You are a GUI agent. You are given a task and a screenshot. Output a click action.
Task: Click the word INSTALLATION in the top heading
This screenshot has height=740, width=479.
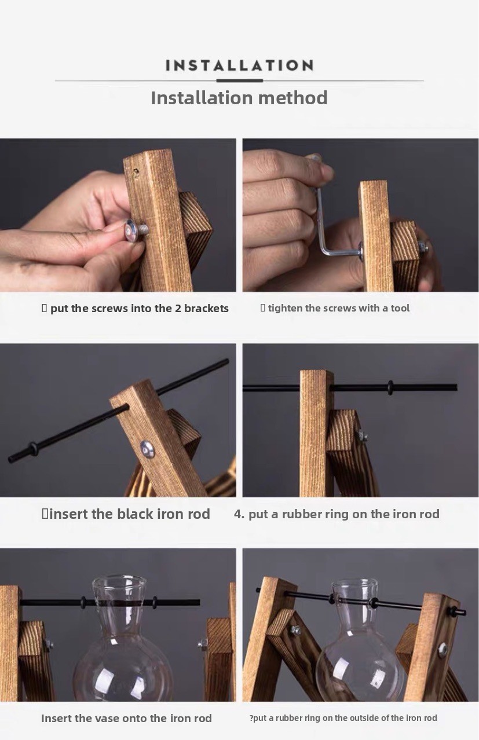[239, 65]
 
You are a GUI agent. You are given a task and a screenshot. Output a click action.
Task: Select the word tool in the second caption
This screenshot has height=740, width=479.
[400, 308]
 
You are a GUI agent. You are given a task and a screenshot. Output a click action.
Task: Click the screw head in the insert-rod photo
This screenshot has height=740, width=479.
[147, 449]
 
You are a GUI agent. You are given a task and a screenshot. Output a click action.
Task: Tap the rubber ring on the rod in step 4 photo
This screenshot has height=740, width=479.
[390, 387]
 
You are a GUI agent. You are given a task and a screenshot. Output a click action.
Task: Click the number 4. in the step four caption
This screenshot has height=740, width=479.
[239, 514]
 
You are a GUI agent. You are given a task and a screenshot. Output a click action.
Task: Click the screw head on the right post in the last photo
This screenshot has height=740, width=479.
[443, 650]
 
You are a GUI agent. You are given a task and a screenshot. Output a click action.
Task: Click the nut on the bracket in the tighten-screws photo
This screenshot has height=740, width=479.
[422, 247]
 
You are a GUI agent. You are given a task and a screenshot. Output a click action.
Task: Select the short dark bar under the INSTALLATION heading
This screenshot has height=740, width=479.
[240, 80]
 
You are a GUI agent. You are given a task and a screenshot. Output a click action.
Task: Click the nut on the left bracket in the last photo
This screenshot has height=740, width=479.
[295, 630]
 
